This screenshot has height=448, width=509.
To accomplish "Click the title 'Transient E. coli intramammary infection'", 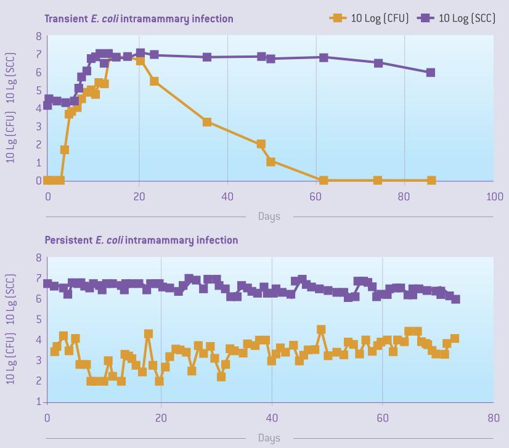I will point(139,18).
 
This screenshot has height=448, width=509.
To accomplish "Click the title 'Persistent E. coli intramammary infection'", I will point(141,240).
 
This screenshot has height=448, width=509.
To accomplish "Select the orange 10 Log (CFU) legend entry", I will point(370,18).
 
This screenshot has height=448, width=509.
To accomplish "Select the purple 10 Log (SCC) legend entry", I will point(457,18).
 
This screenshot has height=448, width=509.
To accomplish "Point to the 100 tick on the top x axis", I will point(494,197).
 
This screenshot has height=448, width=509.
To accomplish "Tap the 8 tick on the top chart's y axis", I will point(38,36).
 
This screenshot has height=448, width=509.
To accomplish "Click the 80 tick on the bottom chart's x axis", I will point(494,417).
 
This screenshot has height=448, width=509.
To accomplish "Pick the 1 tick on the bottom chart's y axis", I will point(38,402).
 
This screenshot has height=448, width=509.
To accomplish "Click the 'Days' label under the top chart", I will point(269,216).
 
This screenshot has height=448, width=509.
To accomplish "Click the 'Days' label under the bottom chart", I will point(269,438).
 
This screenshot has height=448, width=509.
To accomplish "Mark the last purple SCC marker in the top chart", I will point(431,73).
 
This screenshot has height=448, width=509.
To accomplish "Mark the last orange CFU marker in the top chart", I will point(431,181).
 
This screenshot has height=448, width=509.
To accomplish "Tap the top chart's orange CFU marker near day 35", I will point(207,122).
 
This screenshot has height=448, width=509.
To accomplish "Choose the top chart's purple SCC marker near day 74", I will point(378,63).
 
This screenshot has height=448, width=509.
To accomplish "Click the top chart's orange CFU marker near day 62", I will point(324,181).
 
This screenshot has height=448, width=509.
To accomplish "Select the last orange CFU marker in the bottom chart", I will point(455,338).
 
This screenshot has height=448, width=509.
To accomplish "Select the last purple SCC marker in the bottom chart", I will point(455,299).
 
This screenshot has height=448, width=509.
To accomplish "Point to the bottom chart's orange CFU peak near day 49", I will point(321,330).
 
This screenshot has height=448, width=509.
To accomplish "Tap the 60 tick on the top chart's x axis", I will point(316,197).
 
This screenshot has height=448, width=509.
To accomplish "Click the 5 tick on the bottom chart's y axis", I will point(38,319).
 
